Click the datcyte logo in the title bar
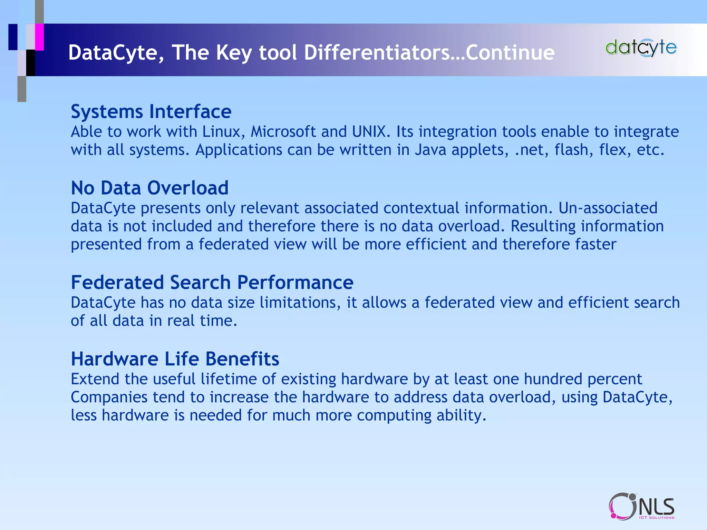coord(641,48)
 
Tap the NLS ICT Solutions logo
coord(641,507)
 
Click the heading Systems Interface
coord(151,112)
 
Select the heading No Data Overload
coord(149,188)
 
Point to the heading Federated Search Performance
coord(212,283)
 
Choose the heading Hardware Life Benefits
coord(175,359)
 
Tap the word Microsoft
coord(283,132)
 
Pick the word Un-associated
coord(608,208)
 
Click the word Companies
coord(109,397)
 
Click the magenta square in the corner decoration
coord(39,37)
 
